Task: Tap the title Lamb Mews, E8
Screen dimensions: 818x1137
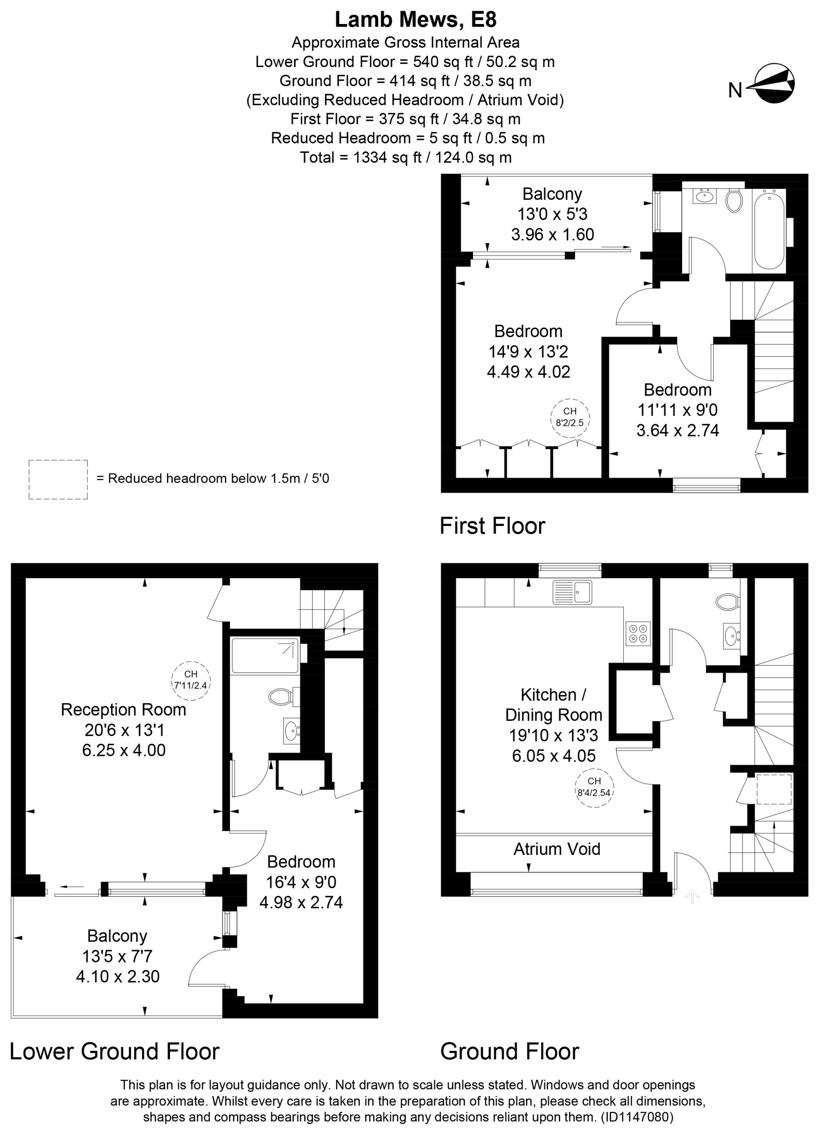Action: tap(415, 20)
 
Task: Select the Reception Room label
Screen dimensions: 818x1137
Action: tap(123, 709)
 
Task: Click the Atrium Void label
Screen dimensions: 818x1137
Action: tap(557, 849)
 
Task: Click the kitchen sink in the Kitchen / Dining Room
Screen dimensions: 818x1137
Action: tap(572, 592)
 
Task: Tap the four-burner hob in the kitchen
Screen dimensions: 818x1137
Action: tap(638, 634)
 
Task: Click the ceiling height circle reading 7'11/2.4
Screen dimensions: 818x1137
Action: tap(191, 680)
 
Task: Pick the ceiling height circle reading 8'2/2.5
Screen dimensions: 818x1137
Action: tap(570, 417)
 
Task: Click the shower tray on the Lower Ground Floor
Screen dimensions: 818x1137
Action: tap(265, 655)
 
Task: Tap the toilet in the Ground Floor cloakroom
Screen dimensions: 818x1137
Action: tap(729, 600)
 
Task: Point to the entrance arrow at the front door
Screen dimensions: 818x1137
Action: tap(692, 896)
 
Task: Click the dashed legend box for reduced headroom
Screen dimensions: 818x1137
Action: tap(58, 479)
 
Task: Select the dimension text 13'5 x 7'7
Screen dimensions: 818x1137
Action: tap(117, 957)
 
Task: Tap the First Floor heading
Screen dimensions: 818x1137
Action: tap(492, 526)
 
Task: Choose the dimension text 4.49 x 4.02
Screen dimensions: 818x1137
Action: tap(529, 371)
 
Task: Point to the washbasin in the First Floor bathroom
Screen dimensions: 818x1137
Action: tap(705, 195)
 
